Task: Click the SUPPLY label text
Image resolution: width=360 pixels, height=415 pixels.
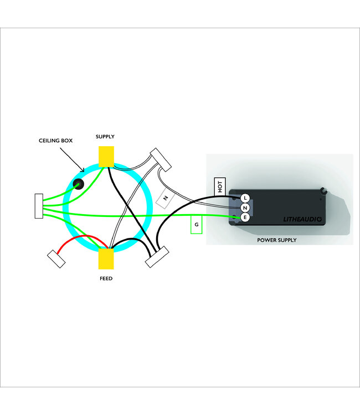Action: [x=106, y=136]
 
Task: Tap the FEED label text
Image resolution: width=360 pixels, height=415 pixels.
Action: [x=106, y=278]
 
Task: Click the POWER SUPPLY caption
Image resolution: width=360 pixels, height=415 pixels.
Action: [x=277, y=240]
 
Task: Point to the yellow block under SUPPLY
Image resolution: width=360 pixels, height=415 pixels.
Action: [x=106, y=155]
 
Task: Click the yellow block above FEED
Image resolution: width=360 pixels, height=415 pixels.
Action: [x=106, y=258]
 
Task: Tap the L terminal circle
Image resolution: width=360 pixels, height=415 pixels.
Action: [x=245, y=198]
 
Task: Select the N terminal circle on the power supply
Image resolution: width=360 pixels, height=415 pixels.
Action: [x=245, y=208]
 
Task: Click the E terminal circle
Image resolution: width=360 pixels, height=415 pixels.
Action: [x=245, y=218]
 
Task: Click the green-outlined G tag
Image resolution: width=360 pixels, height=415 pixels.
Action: [x=196, y=225]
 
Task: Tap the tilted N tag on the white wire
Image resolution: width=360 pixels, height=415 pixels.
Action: [x=165, y=198]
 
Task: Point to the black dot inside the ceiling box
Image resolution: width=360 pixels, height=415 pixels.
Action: [x=79, y=185]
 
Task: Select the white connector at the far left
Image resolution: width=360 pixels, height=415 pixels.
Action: [x=39, y=206]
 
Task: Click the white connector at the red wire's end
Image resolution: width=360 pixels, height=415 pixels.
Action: [x=56, y=259]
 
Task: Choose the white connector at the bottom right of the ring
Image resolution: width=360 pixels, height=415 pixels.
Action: [x=156, y=256]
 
